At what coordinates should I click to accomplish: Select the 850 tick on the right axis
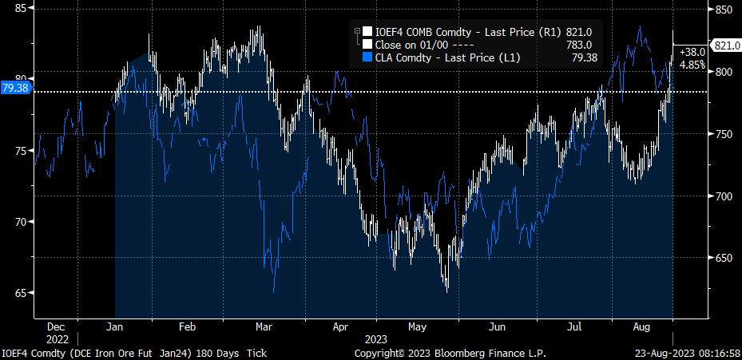point(724,10)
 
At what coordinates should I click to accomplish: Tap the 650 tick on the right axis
point(724,258)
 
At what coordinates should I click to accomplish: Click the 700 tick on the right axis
point(724,196)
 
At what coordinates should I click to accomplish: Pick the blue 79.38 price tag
point(15,88)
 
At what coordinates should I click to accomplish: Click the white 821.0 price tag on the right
point(727,45)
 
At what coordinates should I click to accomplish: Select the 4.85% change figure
point(692,64)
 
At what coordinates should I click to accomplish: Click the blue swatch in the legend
point(367,57)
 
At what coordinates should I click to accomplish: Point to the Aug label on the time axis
point(640,327)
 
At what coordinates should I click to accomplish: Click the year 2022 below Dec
point(57,339)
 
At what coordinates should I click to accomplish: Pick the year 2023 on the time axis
point(375,339)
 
